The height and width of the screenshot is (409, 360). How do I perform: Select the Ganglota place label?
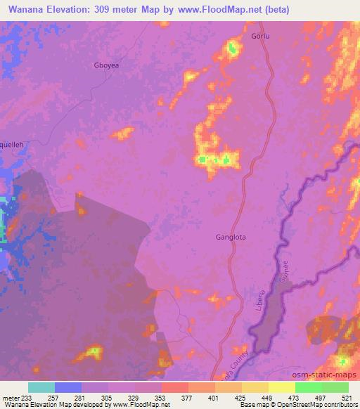tap(231, 237)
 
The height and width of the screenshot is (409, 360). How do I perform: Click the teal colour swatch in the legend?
tap(41, 387)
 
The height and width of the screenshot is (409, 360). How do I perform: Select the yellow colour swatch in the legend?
tap(282, 387)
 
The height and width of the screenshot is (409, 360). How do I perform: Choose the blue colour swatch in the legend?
tap(68, 387)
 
